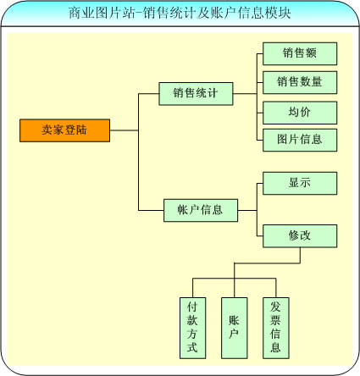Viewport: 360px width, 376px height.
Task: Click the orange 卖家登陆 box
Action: coord(64,130)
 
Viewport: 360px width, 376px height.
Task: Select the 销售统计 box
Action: coord(196,94)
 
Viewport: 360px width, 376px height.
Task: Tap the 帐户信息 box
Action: coord(201,210)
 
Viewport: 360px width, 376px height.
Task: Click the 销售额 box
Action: coord(300,53)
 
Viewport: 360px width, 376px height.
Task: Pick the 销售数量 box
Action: coord(300,82)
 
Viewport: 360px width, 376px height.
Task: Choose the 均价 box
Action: coord(300,113)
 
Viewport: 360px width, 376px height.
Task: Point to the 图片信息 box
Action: coord(300,140)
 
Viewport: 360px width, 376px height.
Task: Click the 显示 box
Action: coord(300,183)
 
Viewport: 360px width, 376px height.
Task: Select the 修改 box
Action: coord(300,236)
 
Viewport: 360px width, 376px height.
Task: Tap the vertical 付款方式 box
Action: coord(192,328)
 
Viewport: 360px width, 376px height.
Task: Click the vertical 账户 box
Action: coord(235,328)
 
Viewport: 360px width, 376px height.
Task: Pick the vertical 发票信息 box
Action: coord(276,328)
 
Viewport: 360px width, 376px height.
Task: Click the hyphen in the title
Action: coord(139,14)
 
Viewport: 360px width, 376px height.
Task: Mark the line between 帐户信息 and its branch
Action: coord(247,210)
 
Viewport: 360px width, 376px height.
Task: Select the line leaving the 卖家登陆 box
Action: coord(124,130)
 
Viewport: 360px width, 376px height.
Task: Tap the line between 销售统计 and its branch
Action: coord(245,94)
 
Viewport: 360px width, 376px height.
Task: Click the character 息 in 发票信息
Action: coord(275,347)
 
